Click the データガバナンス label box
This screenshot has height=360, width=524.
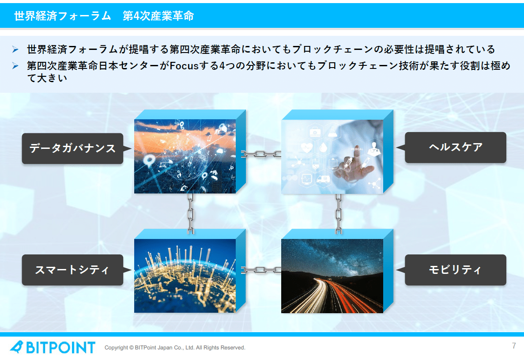point(72,148)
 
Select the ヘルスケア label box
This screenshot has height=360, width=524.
point(456,148)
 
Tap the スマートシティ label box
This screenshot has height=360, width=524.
point(72,270)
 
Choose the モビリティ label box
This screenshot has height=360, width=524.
point(456,270)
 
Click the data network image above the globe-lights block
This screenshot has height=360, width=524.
point(185,156)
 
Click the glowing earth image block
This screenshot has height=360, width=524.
point(185,276)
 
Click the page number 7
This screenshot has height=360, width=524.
point(514,346)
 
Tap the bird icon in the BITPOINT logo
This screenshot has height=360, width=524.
point(17,347)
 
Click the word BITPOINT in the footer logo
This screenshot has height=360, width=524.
point(60,347)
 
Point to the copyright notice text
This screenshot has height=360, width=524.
point(175,348)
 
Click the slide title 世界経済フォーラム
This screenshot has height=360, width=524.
point(62,16)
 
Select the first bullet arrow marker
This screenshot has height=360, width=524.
point(15,49)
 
